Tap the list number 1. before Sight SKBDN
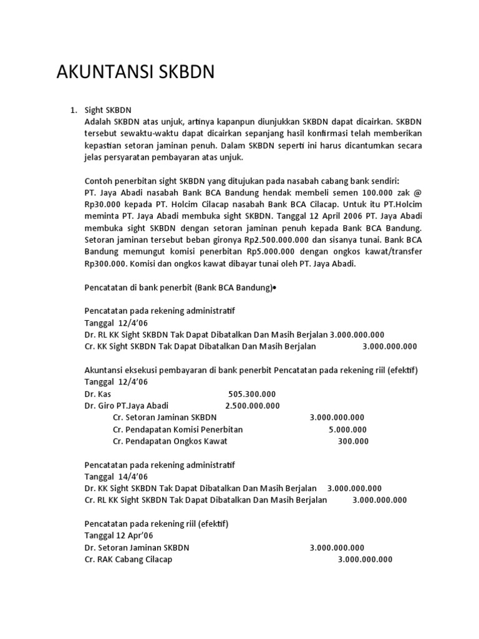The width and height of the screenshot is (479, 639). coord(72,110)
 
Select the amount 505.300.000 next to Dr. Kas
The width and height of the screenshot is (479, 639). coord(252,394)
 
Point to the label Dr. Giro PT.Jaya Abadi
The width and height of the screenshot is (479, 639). coord(127,406)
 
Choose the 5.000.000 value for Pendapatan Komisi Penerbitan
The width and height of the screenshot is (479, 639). coord(347,429)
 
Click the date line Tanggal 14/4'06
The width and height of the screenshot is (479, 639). coord(115,477)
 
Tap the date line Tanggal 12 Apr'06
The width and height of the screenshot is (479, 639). coord(119,535)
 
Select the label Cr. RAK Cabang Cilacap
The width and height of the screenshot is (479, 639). coord(128,559)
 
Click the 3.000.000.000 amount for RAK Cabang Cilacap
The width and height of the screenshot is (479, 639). coord(365,559)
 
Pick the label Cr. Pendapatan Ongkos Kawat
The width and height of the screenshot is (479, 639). coord(170,441)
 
